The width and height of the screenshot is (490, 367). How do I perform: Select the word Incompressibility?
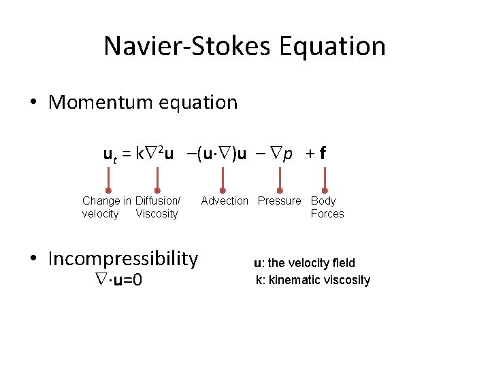[x=123, y=259]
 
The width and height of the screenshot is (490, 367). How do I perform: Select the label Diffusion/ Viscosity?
[x=157, y=207]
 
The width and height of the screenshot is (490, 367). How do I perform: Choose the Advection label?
[x=225, y=200]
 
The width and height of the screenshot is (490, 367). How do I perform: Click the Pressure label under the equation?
[x=279, y=200]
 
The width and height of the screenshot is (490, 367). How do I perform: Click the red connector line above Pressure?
[x=280, y=177]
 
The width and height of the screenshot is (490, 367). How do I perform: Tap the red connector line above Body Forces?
[x=325, y=177]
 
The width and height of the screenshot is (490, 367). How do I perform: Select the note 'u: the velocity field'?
[x=304, y=263]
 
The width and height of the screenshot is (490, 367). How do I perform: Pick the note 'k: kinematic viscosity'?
[x=313, y=280]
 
